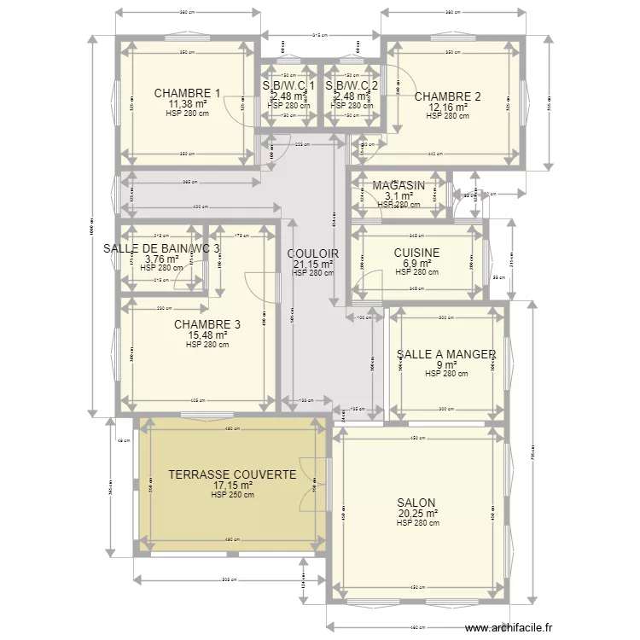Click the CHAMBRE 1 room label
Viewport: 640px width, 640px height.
coord(187,94)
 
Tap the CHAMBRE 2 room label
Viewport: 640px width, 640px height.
coord(447,96)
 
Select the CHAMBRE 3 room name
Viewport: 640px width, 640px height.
coord(207,324)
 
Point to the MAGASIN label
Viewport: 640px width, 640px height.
coord(398,185)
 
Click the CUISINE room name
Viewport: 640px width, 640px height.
coord(416,253)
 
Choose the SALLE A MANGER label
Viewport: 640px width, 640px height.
coord(446,354)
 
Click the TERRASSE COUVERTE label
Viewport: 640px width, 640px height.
coord(232,474)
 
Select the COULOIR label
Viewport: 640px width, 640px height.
coord(313,254)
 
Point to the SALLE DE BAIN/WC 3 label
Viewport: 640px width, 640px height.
coord(161,248)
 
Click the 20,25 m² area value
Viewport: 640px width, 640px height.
coord(418,514)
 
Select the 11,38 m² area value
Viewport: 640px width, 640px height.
coord(187,104)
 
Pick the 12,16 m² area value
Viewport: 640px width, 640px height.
coord(447,107)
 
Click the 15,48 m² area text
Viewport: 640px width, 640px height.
coord(207,335)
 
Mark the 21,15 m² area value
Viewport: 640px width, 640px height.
coord(313,265)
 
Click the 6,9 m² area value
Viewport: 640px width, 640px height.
coord(416,264)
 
